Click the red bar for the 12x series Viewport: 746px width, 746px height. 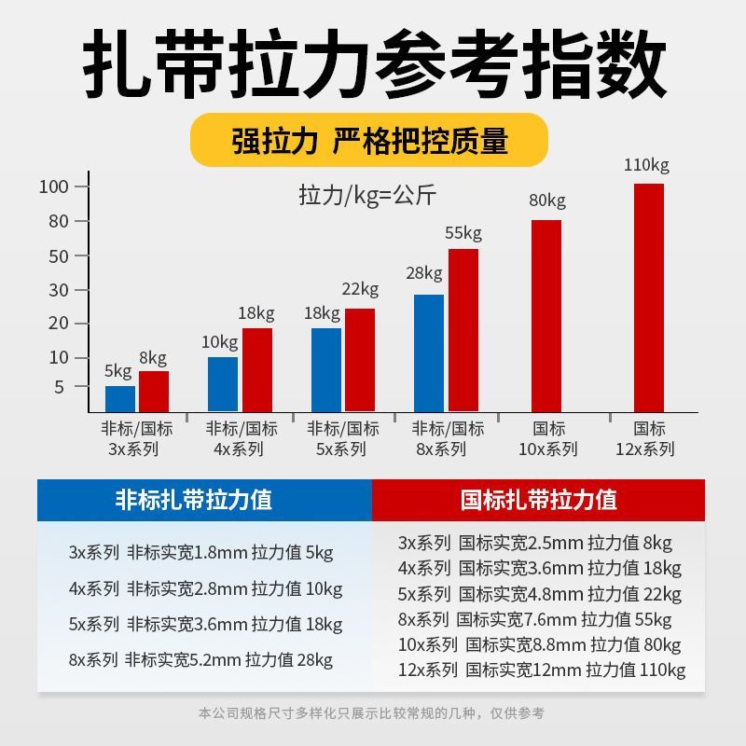tap(648, 297)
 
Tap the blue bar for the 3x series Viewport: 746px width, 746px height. tap(120, 398)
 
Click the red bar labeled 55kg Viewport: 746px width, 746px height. tap(463, 330)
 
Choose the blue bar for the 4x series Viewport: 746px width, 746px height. tap(223, 383)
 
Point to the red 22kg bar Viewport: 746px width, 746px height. tap(360, 360)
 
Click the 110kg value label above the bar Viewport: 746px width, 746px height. tap(646, 166)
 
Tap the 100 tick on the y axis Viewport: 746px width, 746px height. tap(54, 186)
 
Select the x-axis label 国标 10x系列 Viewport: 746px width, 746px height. tap(548, 439)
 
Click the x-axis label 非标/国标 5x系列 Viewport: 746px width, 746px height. tap(343, 439)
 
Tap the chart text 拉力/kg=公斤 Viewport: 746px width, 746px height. tap(367, 196)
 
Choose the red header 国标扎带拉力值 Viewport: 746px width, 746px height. tap(539, 499)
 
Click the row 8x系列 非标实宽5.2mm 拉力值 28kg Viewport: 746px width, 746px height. tap(200, 660)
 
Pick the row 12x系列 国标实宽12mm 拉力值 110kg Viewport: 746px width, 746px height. tap(542, 670)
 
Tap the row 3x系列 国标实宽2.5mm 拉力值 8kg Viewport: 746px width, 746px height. tap(535, 543)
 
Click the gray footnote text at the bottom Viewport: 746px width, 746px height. tap(371, 713)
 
